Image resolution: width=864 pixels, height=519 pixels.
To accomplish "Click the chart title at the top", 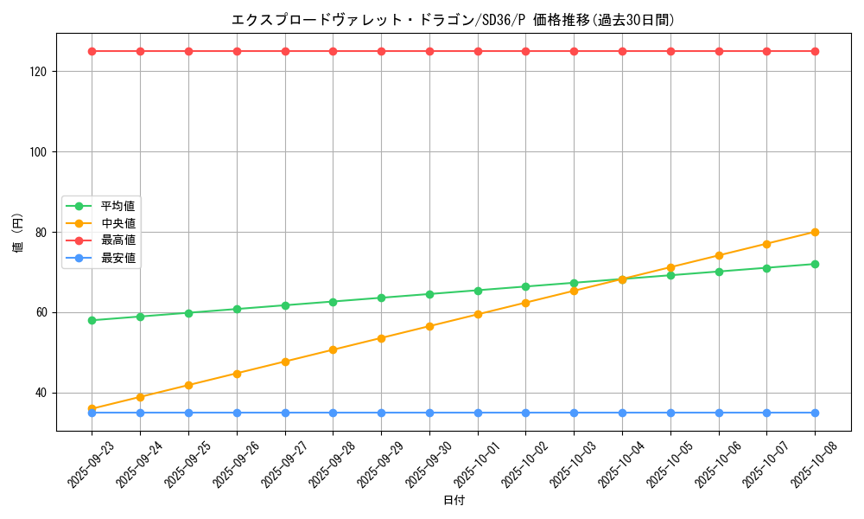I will (x=454, y=19).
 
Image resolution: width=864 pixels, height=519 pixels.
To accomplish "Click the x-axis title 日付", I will (x=454, y=501).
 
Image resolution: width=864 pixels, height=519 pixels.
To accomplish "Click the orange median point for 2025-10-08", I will (x=815, y=232).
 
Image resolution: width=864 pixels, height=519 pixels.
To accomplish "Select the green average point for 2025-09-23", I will (x=92, y=320).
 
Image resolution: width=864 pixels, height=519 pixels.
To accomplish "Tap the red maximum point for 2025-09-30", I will (x=429, y=51).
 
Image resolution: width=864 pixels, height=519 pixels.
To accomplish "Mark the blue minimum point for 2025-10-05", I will (x=670, y=413).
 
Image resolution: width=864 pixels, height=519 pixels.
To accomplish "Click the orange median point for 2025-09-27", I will (x=285, y=362).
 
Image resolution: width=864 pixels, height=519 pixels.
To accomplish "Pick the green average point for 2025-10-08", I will (x=815, y=264).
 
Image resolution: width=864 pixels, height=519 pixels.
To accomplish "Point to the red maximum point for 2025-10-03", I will (x=574, y=51).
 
